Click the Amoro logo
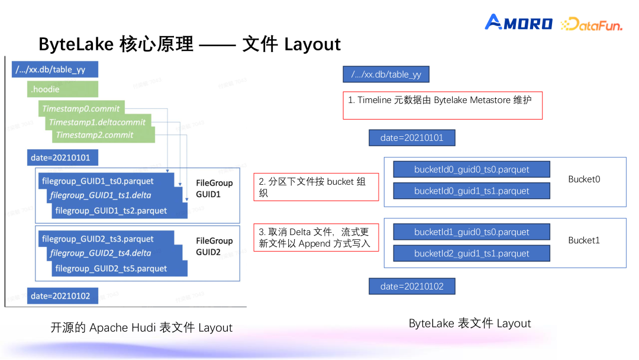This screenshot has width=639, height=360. tap(518, 22)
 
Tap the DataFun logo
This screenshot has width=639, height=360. tap(592, 24)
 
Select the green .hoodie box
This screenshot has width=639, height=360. tap(63, 89)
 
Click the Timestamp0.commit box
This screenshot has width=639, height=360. tap(82, 108)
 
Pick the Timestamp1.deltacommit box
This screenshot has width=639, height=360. tap(98, 122)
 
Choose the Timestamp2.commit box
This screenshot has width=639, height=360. tap(104, 135)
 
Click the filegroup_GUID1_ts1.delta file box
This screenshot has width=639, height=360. tap(114, 195)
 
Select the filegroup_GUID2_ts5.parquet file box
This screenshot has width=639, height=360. tap(120, 269)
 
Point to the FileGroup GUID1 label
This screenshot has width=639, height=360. tap(214, 188)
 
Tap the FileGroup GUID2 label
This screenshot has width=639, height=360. tap(214, 246)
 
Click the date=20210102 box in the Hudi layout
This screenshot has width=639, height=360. tap(63, 296)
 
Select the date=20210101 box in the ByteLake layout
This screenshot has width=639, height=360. tap(412, 138)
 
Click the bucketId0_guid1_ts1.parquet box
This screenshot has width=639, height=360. tap(472, 191)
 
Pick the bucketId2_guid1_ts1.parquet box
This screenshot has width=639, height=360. tap(472, 253)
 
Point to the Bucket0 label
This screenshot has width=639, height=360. tap(584, 179)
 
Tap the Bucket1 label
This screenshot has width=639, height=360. tap(584, 240)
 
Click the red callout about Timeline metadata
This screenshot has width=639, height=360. tap(443, 105)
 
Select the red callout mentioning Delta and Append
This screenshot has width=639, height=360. tap(316, 237)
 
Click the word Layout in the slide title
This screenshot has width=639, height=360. tap(312, 44)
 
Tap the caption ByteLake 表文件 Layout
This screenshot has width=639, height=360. tap(470, 323)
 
